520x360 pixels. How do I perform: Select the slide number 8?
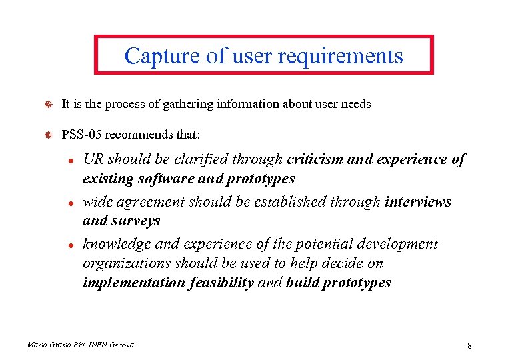click(469, 345)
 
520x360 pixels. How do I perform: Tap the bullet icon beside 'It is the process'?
click(47, 104)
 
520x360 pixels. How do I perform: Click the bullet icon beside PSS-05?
click(47, 135)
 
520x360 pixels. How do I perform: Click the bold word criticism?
click(314, 160)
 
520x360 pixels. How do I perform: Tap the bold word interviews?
click(418, 202)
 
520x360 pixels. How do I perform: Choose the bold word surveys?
click(136, 221)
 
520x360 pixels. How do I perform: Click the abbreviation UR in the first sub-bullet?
click(93, 160)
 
